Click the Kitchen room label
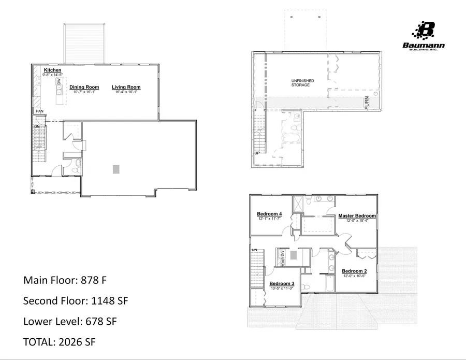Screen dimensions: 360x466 53,70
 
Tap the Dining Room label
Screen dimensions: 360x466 84,87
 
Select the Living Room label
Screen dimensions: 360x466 126,87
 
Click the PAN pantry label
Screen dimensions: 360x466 39,111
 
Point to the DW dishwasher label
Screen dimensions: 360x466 59,82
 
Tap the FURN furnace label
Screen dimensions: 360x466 367,102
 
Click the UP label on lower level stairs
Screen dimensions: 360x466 256,153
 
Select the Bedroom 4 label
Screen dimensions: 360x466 269,214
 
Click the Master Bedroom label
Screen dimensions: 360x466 357,215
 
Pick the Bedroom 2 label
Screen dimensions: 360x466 354,271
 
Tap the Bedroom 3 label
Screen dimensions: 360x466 282,283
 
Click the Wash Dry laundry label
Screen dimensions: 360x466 283,257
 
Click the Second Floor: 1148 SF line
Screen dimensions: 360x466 76,300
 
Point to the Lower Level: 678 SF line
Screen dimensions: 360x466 70,321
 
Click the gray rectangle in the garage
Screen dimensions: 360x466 116,169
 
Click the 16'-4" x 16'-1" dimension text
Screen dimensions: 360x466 126,92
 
